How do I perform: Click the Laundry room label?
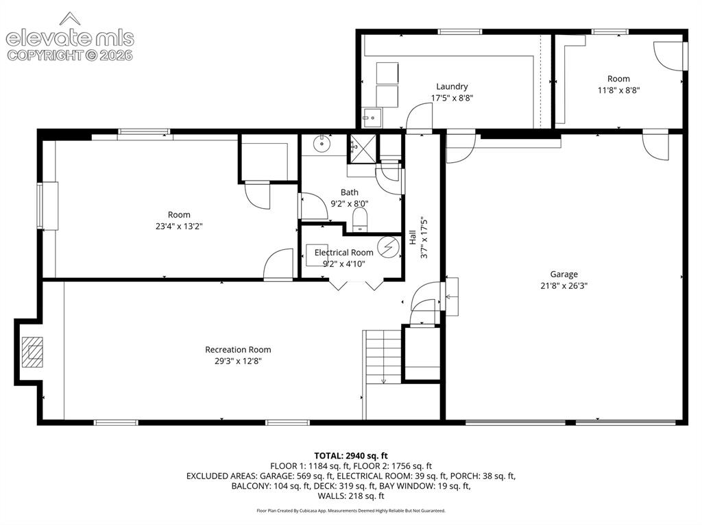coord(452,86)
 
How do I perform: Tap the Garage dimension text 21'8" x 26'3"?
coord(564,285)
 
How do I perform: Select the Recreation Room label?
coord(238,350)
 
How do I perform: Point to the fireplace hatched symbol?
coord(33,352)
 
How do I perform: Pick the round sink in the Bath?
coord(322,144)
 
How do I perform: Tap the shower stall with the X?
coord(363,149)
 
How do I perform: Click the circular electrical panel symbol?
coord(388,247)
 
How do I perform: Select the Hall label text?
coord(412,237)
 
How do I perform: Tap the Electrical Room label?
coord(344,253)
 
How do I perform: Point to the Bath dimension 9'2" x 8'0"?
coord(349,204)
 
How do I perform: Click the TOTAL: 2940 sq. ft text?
coord(351,456)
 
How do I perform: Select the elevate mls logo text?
coord(70,38)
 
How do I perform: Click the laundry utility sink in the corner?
coord(372,118)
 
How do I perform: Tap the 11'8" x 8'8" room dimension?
coord(619,90)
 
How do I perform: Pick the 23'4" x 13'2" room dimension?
coord(179,227)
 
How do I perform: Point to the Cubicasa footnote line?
coord(351,511)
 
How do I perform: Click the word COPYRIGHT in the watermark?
coord(45,55)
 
